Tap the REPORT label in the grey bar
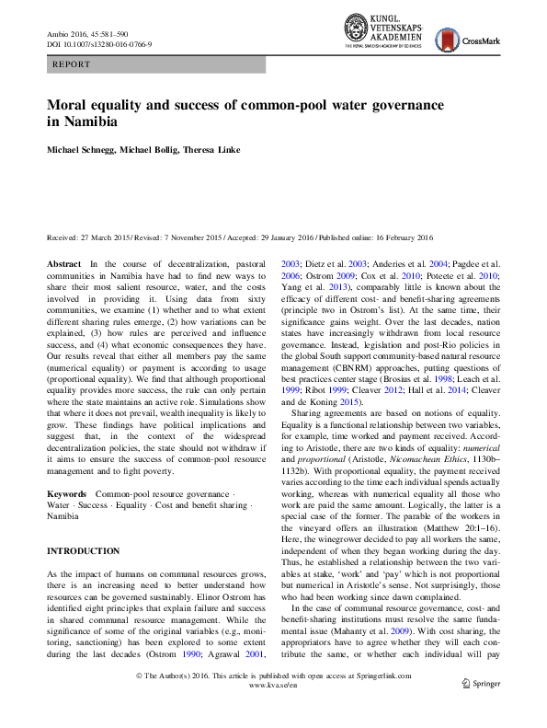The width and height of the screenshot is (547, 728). click(x=73, y=65)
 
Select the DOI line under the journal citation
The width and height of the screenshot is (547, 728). click(x=99, y=43)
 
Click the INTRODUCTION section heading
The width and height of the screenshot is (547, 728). click(x=83, y=551)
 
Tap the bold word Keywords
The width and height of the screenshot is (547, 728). click(x=68, y=494)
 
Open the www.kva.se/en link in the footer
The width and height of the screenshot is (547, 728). click(x=273, y=711)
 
